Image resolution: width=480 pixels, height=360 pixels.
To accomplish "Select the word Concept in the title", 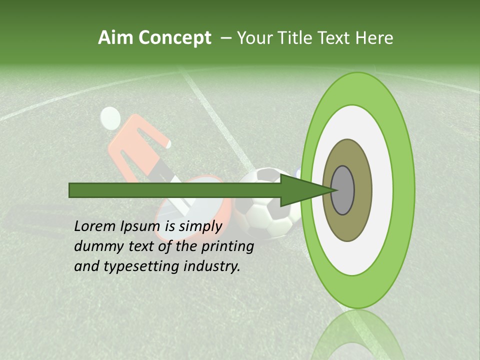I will pyautogui.click(x=175, y=38).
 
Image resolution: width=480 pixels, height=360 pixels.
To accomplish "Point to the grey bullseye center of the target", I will pyautogui.click(x=343, y=190).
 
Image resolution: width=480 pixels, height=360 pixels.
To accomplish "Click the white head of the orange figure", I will pyautogui.click(x=110, y=118).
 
